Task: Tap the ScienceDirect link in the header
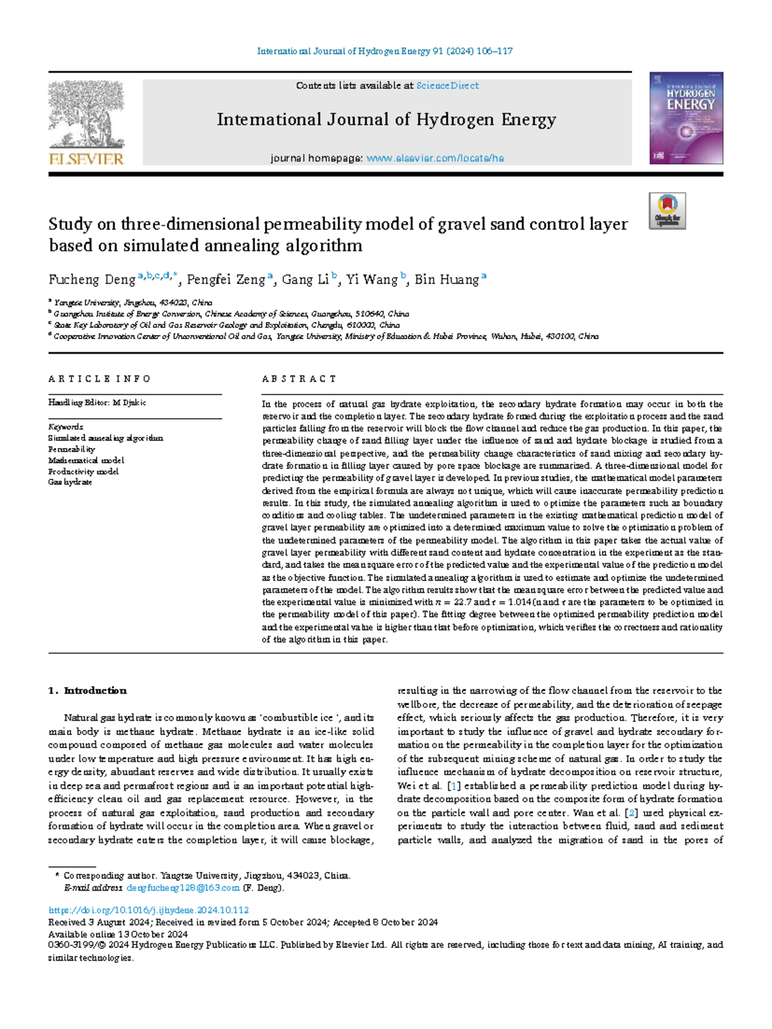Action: point(447,86)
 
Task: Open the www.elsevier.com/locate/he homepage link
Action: point(435,158)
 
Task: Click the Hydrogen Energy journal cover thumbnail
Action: point(686,122)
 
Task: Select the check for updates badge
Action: point(667,211)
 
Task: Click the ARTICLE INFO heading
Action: point(100,379)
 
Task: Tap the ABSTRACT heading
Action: point(299,379)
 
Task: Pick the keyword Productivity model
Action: point(84,471)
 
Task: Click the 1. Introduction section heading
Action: point(87,691)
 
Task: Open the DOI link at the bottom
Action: point(149,910)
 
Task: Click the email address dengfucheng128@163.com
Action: point(183,887)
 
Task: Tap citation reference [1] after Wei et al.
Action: point(454,786)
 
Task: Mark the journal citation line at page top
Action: point(385,51)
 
